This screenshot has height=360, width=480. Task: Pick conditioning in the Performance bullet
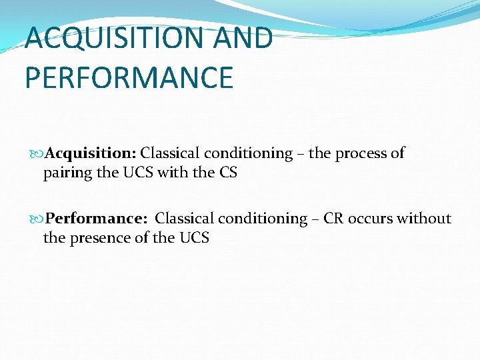coord(265,219)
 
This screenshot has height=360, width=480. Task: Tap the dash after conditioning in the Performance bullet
coord(316,219)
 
